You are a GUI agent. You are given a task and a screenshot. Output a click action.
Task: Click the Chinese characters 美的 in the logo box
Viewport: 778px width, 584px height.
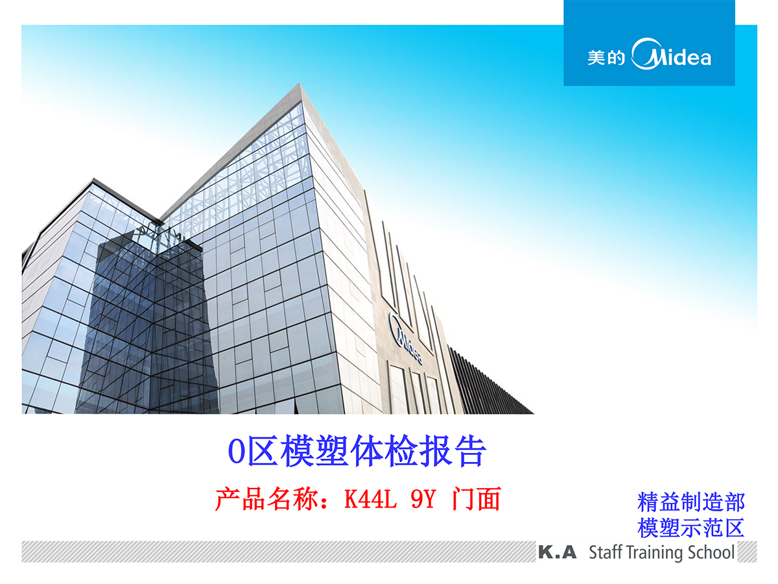tap(606, 58)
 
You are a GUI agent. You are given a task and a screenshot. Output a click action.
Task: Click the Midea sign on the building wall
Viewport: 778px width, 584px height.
tap(405, 338)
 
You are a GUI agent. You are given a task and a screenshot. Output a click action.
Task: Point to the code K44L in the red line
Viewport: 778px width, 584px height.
tap(370, 499)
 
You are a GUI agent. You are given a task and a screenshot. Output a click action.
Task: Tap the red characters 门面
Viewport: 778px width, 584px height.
tap(476, 499)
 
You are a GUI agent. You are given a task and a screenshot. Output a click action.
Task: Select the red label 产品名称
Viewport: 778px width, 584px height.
tap(265, 499)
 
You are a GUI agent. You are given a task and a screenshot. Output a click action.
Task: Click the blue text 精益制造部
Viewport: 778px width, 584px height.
tap(691, 502)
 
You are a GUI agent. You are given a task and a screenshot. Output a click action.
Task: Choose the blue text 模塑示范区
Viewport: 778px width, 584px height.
tap(691, 528)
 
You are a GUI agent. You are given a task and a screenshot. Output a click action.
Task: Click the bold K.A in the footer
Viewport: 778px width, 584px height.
tap(557, 552)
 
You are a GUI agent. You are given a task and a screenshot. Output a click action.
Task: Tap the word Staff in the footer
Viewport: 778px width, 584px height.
tap(606, 552)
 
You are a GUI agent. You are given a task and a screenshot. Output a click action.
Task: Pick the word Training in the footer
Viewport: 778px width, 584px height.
tap(655, 553)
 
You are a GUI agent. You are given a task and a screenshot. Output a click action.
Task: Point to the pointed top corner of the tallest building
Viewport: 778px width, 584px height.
tap(300, 84)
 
